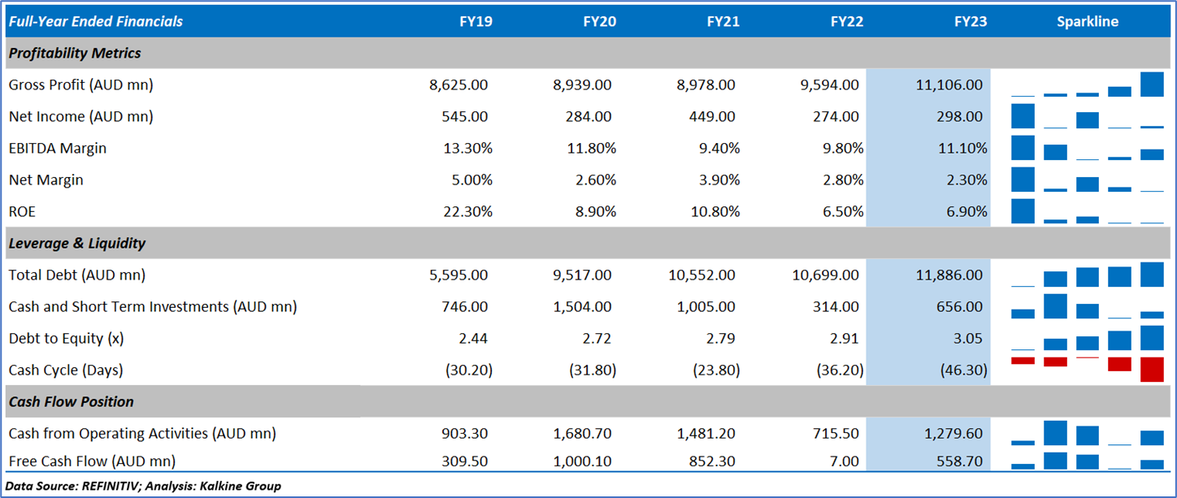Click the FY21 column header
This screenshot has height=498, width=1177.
tap(723, 22)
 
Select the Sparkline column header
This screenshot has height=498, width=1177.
tap(1087, 22)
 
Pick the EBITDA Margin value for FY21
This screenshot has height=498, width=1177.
tap(716, 148)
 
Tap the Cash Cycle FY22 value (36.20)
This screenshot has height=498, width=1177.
tap(840, 370)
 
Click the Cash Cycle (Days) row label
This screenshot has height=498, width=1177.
tap(66, 370)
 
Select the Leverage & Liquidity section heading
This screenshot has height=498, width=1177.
tap(76, 243)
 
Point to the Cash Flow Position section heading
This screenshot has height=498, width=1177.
tap(71, 401)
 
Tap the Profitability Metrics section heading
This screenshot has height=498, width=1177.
tap(74, 54)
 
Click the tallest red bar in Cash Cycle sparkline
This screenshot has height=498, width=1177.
tap(1152, 369)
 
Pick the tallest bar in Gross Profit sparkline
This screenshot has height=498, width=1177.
tap(1152, 84)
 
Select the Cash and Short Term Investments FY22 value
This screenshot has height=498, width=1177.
tap(840, 307)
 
